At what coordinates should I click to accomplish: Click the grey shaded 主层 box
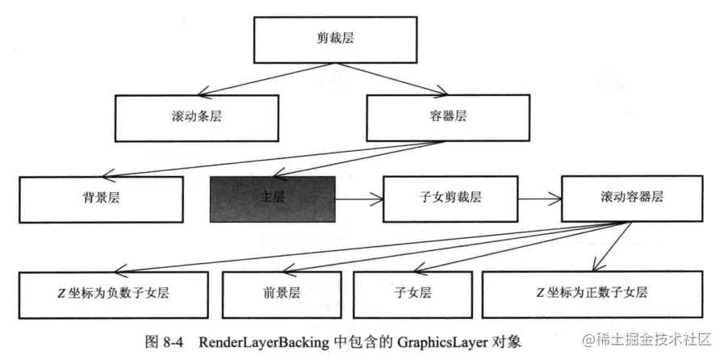coord(272,198)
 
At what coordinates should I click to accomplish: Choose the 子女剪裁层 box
coord(449,198)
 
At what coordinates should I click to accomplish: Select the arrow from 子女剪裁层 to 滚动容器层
coord(538,198)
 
